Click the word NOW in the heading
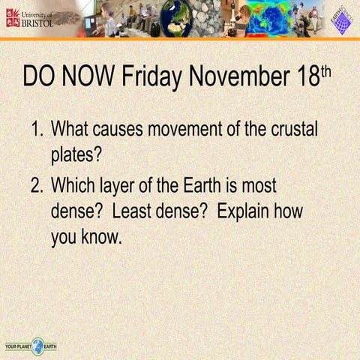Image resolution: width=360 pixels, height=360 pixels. click(85, 76)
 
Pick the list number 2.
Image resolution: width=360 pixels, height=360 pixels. click(37, 185)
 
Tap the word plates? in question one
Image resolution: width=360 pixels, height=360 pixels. click(76, 156)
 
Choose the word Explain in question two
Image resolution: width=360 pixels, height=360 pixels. click(244, 211)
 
